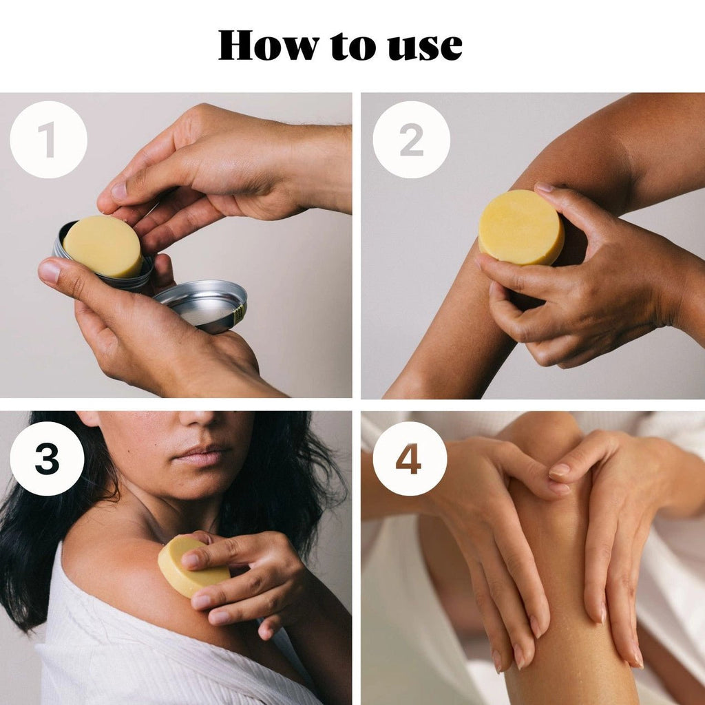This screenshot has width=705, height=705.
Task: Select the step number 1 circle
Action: click(x=48, y=140)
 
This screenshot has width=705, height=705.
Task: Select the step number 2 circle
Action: click(x=411, y=140)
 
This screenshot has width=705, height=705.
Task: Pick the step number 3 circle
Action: click(x=47, y=458)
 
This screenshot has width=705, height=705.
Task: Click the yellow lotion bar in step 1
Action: click(x=103, y=246)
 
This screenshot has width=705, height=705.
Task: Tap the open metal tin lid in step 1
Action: click(x=201, y=305)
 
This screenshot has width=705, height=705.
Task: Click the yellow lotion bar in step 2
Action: click(x=520, y=228)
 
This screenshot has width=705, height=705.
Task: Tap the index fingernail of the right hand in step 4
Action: click(x=559, y=470)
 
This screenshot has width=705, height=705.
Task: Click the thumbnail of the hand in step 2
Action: click(x=544, y=187)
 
